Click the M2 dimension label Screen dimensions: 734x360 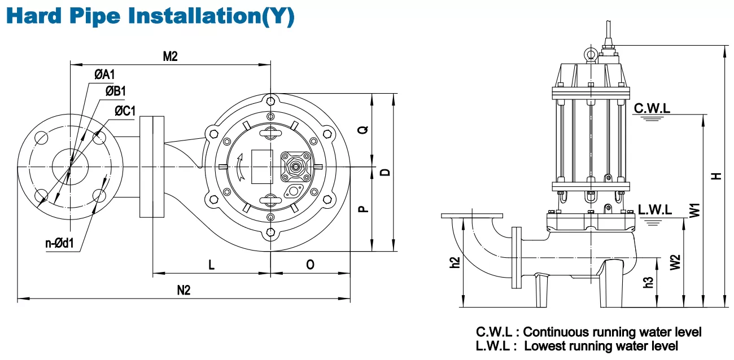point(170,56)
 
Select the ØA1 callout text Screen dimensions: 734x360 point(104,74)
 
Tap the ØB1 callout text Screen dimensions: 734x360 point(115,91)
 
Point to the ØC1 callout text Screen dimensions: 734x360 point(125,111)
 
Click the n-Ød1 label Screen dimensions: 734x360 point(60,243)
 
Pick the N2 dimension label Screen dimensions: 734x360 point(183,290)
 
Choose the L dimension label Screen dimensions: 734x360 point(211,264)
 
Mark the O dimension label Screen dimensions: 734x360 point(310,264)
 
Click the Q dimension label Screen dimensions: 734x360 point(362,130)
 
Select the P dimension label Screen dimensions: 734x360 point(362,209)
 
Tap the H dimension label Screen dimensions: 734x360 point(716,176)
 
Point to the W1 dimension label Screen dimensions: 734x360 point(694,210)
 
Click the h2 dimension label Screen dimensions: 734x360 point(455,262)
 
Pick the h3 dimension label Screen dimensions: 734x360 point(648,282)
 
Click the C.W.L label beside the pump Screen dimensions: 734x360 point(652,108)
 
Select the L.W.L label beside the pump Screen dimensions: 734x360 point(655,209)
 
